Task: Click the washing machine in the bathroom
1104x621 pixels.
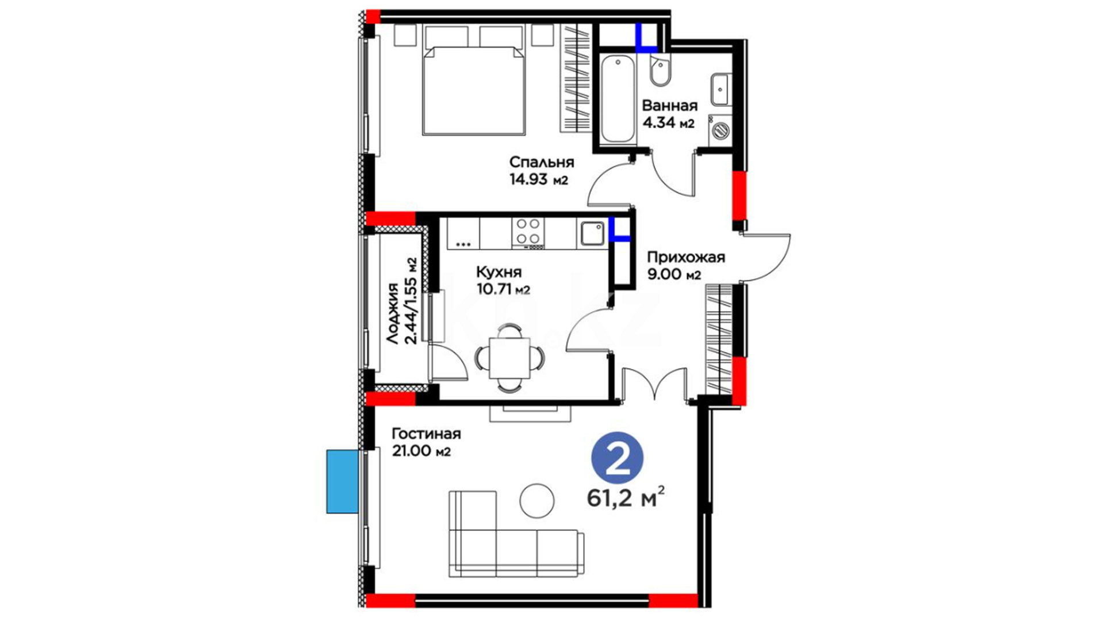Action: click(720, 130)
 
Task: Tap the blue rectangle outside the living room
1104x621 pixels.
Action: click(343, 481)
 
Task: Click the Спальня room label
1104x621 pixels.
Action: click(542, 162)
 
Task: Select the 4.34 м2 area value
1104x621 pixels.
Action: click(668, 122)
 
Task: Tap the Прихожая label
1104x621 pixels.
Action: click(686, 257)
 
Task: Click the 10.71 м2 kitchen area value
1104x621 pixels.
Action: click(504, 289)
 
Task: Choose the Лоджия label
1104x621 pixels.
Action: click(393, 314)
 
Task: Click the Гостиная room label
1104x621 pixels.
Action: click(426, 434)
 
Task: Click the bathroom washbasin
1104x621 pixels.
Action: click(720, 90)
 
